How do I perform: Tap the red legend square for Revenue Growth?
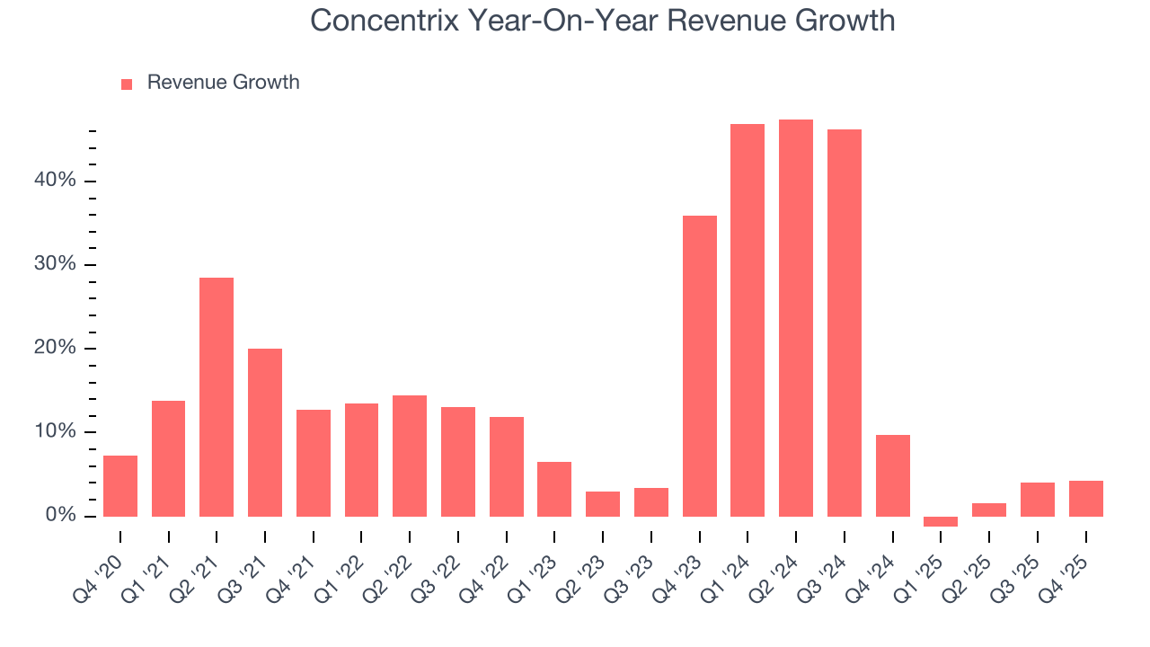(x=127, y=84)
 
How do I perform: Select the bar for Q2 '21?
(x=217, y=396)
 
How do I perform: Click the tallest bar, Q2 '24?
(x=795, y=317)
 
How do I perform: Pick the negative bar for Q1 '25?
(x=941, y=521)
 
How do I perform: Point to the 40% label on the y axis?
(x=56, y=181)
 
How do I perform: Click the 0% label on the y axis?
(x=61, y=516)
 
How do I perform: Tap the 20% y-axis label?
(x=56, y=349)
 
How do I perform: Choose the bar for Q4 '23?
(x=699, y=366)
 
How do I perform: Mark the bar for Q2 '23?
(x=603, y=503)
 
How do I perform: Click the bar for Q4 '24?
(x=892, y=475)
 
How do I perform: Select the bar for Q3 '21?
(x=265, y=432)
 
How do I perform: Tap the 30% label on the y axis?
(x=56, y=264)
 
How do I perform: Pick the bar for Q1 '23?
(x=554, y=489)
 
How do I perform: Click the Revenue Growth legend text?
(x=223, y=83)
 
